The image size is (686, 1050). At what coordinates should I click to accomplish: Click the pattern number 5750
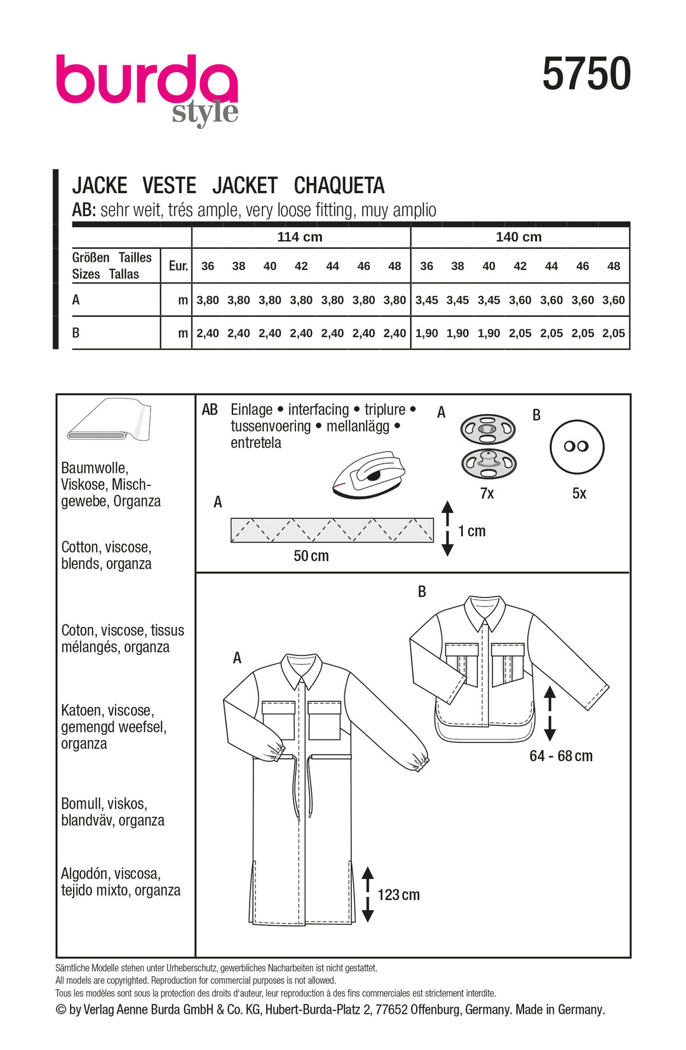(x=586, y=74)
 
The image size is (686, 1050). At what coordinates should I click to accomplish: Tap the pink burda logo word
(x=146, y=80)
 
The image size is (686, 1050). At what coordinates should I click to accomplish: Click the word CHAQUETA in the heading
(x=339, y=185)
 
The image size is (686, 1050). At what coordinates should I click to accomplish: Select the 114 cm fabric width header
(x=300, y=237)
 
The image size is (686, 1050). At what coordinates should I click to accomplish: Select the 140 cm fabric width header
(x=518, y=237)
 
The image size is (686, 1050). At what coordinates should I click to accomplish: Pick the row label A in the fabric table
(x=76, y=300)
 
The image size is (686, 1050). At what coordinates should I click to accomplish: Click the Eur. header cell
(x=178, y=266)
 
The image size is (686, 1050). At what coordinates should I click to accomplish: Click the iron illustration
(x=368, y=474)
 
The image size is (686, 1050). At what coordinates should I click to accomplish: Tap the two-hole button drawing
(x=576, y=447)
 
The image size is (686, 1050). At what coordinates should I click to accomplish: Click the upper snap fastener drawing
(x=487, y=429)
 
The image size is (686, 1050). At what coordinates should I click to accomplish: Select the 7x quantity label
(x=487, y=494)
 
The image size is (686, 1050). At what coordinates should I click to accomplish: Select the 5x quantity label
(x=579, y=494)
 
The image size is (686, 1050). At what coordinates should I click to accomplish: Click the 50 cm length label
(x=311, y=556)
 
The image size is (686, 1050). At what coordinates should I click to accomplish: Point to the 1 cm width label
(x=472, y=531)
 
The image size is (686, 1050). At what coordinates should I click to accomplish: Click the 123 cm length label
(x=398, y=895)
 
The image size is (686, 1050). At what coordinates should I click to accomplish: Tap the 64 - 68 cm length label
(x=561, y=756)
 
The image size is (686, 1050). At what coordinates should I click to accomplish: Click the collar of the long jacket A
(x=301, y=668)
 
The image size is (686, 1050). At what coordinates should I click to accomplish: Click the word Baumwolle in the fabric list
(x=95, y=468)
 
